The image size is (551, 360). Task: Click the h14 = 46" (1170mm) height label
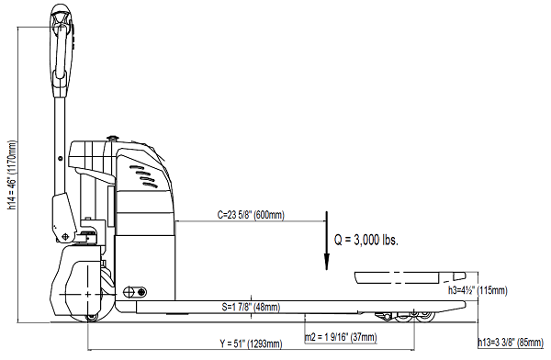click(13, 175)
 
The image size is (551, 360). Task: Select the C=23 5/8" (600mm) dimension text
click(251, 215)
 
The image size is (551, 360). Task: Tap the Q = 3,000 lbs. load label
click(365, 240)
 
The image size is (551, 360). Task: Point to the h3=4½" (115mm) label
click(478, 290)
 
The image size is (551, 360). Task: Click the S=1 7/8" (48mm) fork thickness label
click(251, 307)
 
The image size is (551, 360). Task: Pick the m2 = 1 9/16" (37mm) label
click(341, 337)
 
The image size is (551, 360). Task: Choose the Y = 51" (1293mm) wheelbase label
click(251, 343)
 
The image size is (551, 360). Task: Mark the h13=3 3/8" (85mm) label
click(511, 342)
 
